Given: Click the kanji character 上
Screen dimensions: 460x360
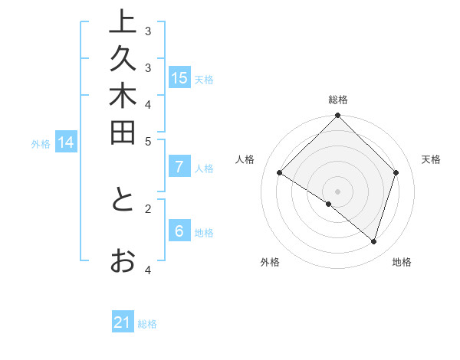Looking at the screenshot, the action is (x=123, y=22).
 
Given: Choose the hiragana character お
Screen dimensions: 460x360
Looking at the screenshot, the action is (x=123, y=261).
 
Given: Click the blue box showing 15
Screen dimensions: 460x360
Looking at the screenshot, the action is (x=179, y=78).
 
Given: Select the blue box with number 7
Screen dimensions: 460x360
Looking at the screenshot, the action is (x=179, y=167).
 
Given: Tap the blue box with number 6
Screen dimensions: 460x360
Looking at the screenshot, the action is (x=179, y=232).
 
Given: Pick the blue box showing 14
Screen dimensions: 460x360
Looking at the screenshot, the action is (x=66, y=142).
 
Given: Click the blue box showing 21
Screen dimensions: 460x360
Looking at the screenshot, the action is (x=123, y=323).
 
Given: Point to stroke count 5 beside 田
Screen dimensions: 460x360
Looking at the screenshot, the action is (x=148, y=140).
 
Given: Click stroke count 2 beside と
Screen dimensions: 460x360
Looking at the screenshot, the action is (x=148, y=207).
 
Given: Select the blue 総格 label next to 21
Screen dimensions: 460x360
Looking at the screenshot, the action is (x=148, y=324).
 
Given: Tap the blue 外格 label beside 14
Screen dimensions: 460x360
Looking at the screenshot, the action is (x=41, y=143).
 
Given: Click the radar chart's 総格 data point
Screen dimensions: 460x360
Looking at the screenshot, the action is (x=337, y=116).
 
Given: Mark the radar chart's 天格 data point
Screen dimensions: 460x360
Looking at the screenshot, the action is (x=396, y=172).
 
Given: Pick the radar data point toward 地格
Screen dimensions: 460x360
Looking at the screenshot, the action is (x=373, y=241).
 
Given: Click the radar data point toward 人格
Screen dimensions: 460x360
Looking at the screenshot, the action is (x=279, y=172).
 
